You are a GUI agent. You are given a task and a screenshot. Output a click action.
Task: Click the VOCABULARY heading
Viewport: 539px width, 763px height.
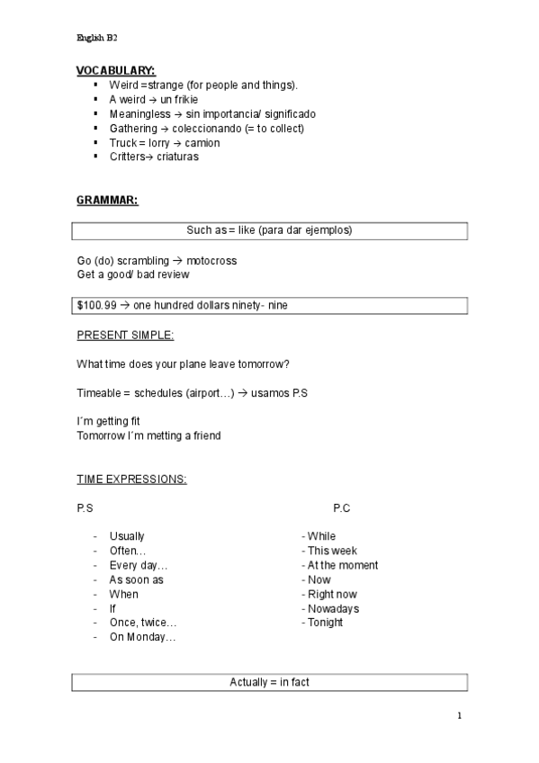tap(115, 70)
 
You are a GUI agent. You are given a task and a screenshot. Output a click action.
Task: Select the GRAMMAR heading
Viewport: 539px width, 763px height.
tap(107, 200)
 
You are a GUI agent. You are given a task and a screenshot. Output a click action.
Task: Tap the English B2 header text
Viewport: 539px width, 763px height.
tap(97, 38)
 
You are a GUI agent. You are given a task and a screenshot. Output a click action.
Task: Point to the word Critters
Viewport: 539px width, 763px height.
tap(128, 157)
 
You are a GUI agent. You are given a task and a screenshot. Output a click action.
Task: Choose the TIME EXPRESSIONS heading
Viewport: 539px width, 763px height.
tap(131, 480)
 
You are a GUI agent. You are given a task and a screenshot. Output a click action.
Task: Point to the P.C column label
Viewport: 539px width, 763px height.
tap(341, 508)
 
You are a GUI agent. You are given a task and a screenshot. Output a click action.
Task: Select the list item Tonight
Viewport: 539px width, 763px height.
tap(325, 623)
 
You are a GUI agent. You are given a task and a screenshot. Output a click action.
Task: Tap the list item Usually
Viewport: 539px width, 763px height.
tap(127, 537)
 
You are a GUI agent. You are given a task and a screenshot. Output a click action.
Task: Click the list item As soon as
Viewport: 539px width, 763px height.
tap(136, 580)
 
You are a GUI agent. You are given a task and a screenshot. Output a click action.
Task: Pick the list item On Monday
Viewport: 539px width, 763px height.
tap(142, 638)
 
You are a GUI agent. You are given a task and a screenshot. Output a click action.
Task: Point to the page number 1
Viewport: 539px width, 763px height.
tap(459, 716)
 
